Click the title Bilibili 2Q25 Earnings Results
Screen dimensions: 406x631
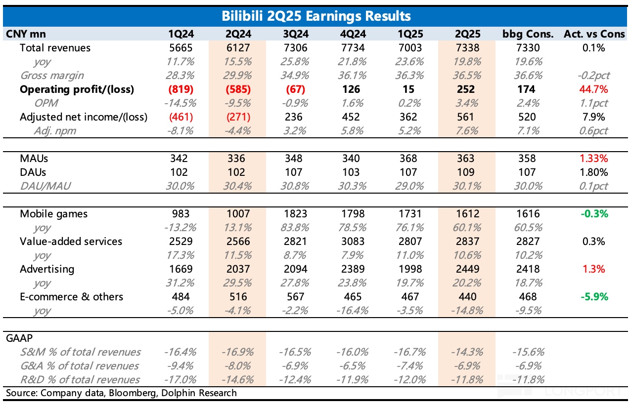pos(315,16)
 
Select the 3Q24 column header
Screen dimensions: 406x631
pos(293,34)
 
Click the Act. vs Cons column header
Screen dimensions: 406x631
pos(594,34)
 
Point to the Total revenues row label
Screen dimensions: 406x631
pos(55,48)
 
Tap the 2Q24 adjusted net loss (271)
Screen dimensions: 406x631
pos(237,117)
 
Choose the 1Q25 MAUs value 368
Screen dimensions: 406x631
pos(409,159)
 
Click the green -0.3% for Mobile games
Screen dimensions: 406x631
pos(594,214)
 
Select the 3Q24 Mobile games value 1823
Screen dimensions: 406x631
pos(294,214)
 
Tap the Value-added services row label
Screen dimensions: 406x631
pos(71,242)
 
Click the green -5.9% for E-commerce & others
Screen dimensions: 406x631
pos(594,297)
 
